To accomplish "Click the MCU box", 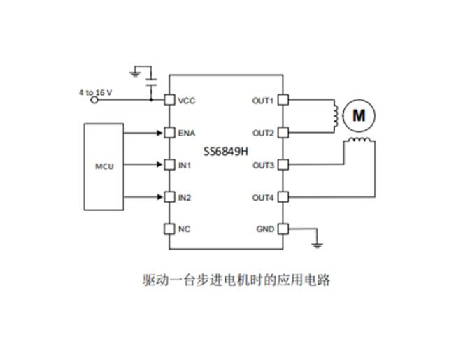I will (x=104, y=166).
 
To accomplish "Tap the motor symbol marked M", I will (x=358, y=115).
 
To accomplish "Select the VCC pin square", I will (x=169, y=100).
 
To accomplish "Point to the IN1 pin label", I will (x=185, y=166).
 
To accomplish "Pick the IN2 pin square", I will (x=169, y=198).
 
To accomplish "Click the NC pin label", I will (x=184, y=229).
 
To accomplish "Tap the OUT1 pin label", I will (x=263, y=100).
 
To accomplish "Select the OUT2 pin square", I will (x=283, y=133).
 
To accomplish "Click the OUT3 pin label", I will (x=263, y=166).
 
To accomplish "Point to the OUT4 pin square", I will (x=283, y=198).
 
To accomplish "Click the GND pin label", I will (x=265, y=229).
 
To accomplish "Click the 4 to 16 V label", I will (x=97, y=92).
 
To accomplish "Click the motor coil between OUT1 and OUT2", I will (x=336, y=116).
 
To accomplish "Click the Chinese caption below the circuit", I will (x=235, y=281).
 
